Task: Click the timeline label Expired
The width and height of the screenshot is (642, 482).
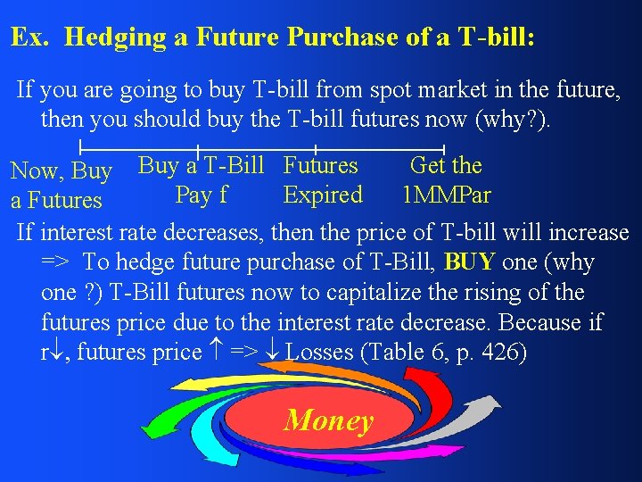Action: tap(323, 195)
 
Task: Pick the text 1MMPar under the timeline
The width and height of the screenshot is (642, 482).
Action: tap(446, 195)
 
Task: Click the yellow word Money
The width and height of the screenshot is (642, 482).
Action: tap(328, 420)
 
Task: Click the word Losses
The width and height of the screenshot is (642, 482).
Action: tap(319, 353)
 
